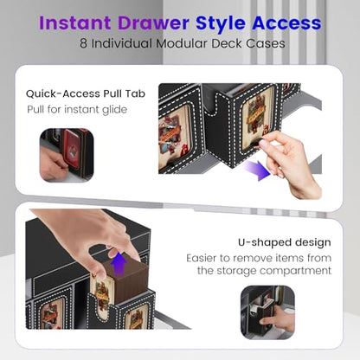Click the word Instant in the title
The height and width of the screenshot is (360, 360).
pyautogui.click(x=75, y=22)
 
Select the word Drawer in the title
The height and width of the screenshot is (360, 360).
pyautogui.click(x=153, y=22)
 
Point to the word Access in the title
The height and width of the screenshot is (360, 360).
pyautogui.click(x=286, y=22)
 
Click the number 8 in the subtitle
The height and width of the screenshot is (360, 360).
pyautogui.click(x=83, y=43)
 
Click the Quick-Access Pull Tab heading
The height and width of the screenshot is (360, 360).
pyautogui.click(x=86, y=93)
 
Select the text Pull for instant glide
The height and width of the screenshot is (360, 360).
pyautogui.click(x=77, y=110)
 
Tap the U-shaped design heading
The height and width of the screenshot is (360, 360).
pyautogui.click(x=285, y=242)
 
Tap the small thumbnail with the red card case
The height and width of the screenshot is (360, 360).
pyautogui.click(x=67, y=155)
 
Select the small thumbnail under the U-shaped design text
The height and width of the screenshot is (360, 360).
pyautogui.click(x=267, y=312)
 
